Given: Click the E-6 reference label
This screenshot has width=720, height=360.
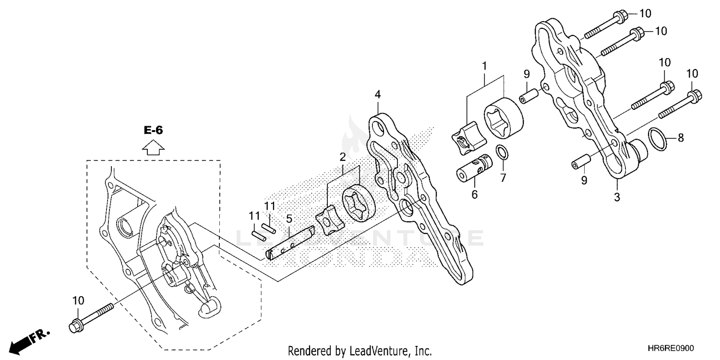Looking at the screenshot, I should pos(153,130).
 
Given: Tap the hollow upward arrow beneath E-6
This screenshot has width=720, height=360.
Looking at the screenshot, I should pos(153,147).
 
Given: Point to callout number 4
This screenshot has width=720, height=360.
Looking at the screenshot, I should pos(378,95).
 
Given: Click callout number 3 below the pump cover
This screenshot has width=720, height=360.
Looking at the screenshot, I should pos(617,197).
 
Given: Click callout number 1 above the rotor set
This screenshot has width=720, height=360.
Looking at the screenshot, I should pos(484,65).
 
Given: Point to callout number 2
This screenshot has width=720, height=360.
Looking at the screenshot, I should pos(343,156).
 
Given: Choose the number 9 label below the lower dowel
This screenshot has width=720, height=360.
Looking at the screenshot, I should pos(584,180).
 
